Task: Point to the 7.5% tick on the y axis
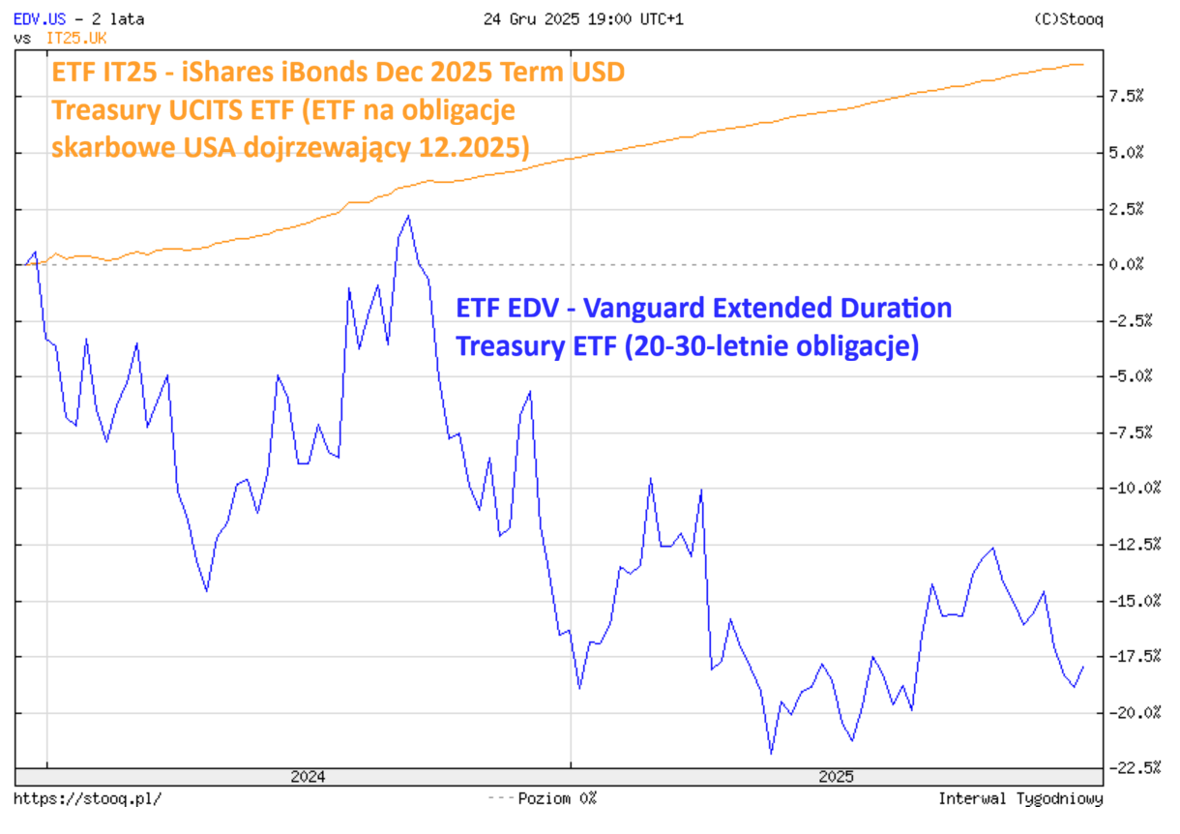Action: click(x=1126, y=96)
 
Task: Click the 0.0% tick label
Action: click(x=1126, y=264)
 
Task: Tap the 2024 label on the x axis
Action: click(x=308, y=777)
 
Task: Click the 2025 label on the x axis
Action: click(x=836, y=777)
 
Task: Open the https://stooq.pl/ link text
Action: click(x=88, y=799)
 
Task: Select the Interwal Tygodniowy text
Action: click(x=1020, y=799)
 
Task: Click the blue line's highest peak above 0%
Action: click(x=408, y=216)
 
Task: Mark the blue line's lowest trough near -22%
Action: click(x=771, y=753)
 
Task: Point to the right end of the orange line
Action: click(x=1082, y=65)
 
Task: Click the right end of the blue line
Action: click(x=1083, y=667)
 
